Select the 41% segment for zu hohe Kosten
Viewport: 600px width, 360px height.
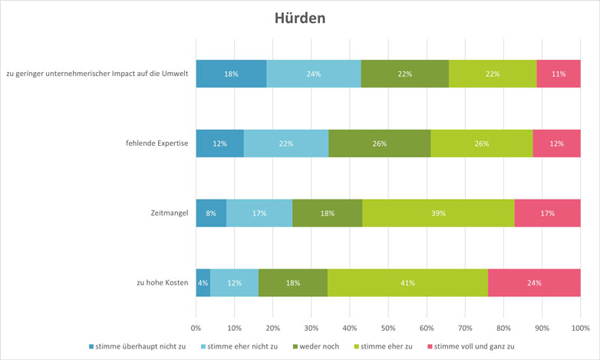(407, 282)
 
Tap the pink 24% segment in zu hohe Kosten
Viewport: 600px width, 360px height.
(534, 282)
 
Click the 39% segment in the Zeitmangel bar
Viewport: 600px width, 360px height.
(438, 213)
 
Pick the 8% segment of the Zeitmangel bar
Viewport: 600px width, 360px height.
(211, 213)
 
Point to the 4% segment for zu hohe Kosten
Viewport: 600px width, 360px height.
(203, 282)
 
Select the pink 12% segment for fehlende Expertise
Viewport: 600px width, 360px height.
(556, 144)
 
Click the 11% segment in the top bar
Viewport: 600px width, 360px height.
(559, 74)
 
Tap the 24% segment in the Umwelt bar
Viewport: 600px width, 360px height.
(314, 74)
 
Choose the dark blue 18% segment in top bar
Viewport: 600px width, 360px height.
(231, 74)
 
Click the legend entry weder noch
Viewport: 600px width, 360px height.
(316, 347)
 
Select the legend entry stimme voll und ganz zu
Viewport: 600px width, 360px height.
(475, 347)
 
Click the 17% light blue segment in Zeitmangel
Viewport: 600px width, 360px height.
(259, 213)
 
